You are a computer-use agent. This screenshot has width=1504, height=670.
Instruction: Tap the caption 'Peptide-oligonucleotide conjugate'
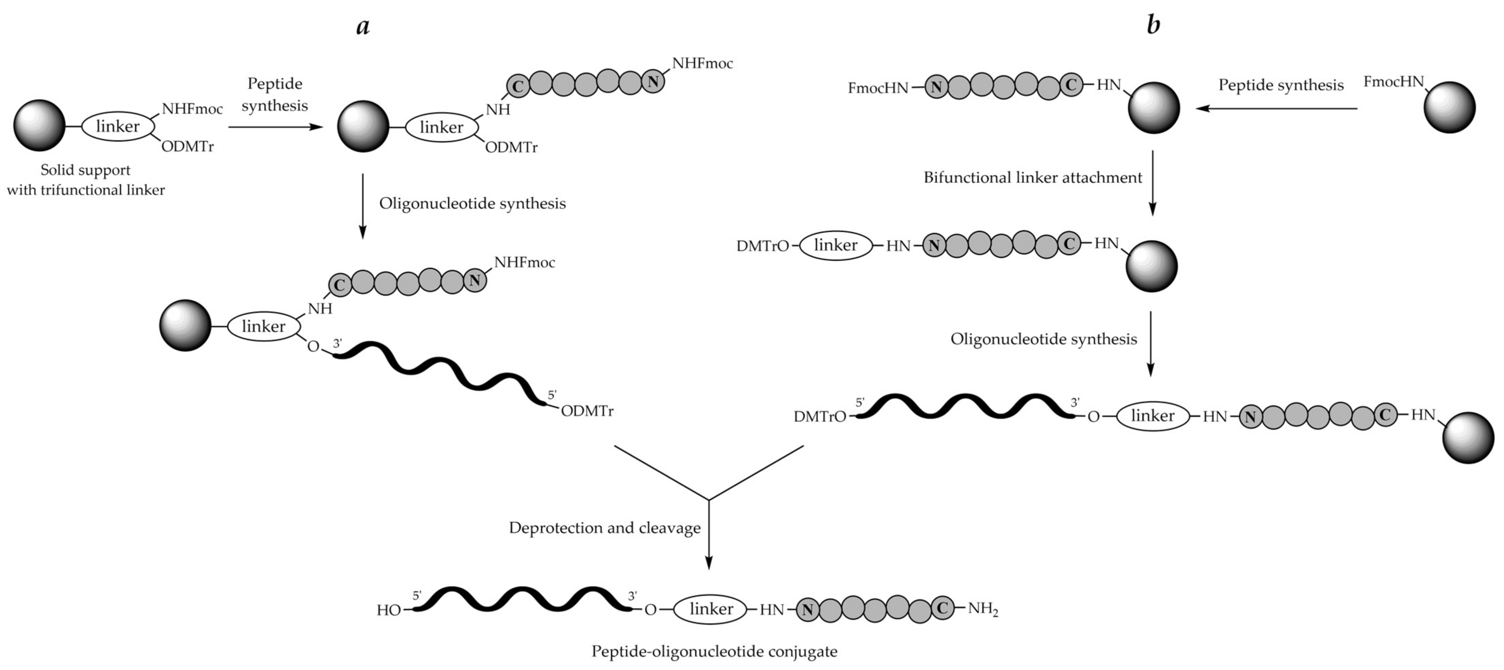pyautogui.click(x=714, y=651)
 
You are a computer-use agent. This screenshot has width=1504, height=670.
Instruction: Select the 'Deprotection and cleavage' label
pyautogui.click(x=604, y=528)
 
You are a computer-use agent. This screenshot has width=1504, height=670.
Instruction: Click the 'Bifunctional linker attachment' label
pyautogui.click(x=1032, y=177)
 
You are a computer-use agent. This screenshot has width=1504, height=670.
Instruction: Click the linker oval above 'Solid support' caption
pyautogui.click(x=117, y=126)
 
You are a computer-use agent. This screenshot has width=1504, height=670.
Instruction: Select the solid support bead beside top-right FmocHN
pyautogui.click(x=1449, y=108)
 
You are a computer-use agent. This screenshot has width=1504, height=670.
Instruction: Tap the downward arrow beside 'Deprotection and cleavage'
pyautogui.click(x=709, y=534)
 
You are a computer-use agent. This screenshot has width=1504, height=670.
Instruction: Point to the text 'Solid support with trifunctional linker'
pyautogui.click(x=86, y=180)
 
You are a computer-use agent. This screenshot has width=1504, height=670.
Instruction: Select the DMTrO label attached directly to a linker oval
pyautogui.click(x=763, y=246)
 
